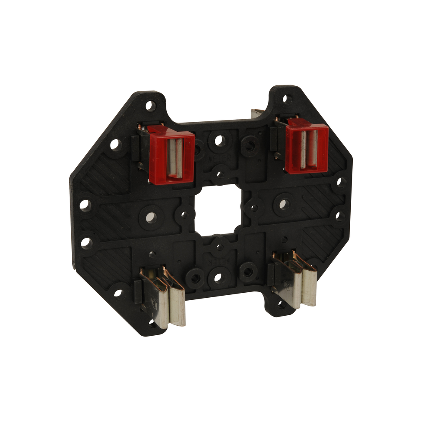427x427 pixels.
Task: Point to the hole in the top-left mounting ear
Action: pyautogui.click(x=150, y=105)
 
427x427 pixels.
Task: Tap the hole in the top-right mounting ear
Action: pyautogui.click(x=286, y=99)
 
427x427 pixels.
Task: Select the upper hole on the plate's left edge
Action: pyautogui.click(x=85, y=205)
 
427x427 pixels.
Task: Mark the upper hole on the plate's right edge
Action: pyautogui.click(x=341, y=182)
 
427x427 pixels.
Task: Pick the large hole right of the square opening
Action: pyautogui.click(x=284, y=204)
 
